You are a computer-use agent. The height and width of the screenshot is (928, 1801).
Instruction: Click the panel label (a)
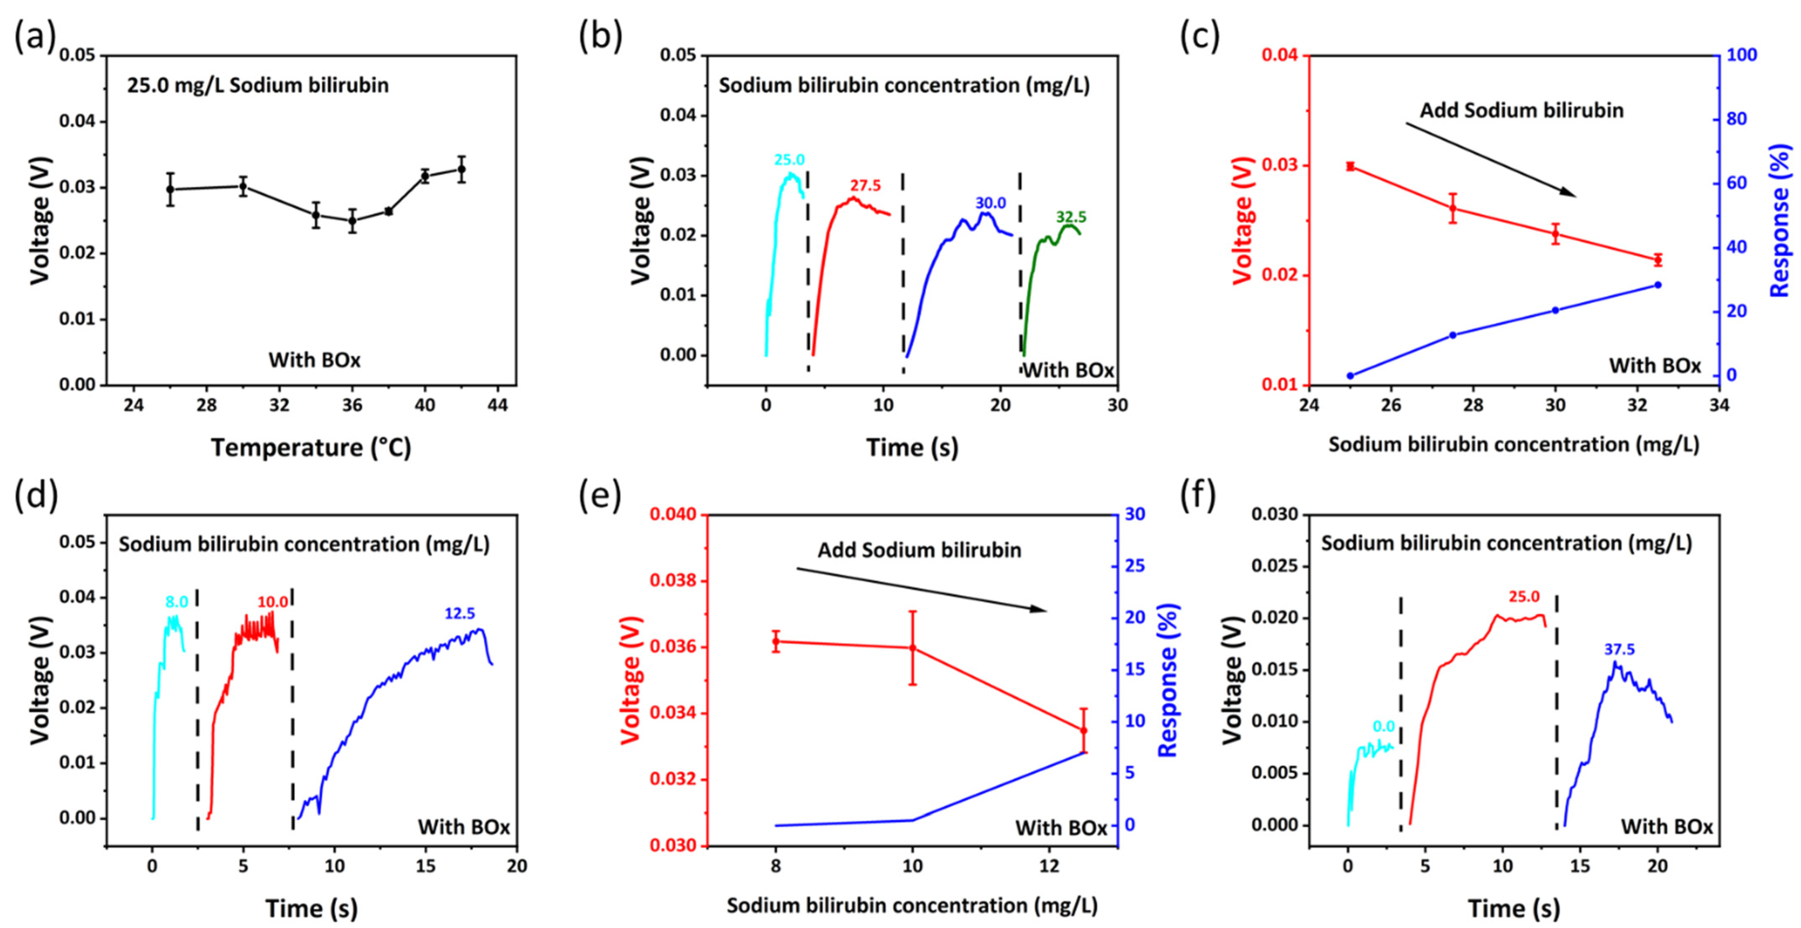(35, 36)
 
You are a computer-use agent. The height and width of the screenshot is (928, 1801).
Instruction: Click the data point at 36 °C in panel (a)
(352, 220)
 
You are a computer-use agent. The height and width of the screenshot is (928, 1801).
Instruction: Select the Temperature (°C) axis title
(311, 447)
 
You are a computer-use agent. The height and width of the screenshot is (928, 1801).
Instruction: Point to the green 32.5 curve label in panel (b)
(1071, 217)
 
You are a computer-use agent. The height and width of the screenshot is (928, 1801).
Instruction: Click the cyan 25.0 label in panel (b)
(789, 160)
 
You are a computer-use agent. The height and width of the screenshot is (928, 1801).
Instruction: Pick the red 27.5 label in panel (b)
(866, 186)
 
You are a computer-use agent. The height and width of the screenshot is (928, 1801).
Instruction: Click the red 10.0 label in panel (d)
(273, 602)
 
